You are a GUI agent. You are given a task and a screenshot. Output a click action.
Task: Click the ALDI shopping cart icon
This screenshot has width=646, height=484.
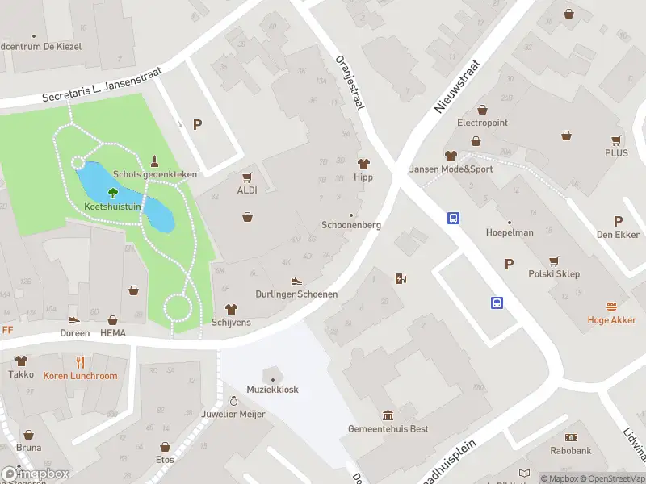pyautogui.click(x=247, y=177)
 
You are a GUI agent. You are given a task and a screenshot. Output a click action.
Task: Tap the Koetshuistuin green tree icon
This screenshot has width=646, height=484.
pyautogui.click(x=112, y=193)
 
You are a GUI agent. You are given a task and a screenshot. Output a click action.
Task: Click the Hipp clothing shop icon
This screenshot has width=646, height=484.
pyautogui.click(x=363, y=164)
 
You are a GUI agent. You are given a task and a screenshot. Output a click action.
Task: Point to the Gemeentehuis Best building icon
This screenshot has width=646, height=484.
pyautogui.click(x=388, y=415)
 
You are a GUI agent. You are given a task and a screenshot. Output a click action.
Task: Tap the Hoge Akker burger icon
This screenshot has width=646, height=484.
pyautogui.click(x=611, y=307)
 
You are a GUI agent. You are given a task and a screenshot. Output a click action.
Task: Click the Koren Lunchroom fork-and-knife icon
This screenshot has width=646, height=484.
pyautogui.click(x=80, y=362)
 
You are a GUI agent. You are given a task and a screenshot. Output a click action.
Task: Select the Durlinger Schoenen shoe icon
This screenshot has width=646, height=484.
pyautogui.click(x=296, y=281)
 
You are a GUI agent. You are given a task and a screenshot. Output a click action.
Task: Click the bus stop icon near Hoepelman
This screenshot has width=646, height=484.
pyautogui.click(x=454, y=218)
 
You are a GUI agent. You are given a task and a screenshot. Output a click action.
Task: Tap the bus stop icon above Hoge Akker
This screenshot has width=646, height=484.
pyautogui.click(x=497, y=302)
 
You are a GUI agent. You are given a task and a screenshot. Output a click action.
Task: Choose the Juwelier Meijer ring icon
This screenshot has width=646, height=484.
pyautogui.click(x=234, y=401)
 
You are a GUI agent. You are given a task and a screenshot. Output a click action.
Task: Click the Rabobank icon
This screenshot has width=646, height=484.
pyautogui.click(x=571, y=436)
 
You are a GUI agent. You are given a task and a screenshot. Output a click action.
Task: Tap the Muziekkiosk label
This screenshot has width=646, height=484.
pyautogui.click(x=273, y=390)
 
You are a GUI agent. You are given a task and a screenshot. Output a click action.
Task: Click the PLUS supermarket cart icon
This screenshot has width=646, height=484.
pyautogui.click(x=616, y=140)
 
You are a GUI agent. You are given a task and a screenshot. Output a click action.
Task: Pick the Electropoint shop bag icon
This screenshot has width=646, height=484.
pyautogui.click(x=482, y=110)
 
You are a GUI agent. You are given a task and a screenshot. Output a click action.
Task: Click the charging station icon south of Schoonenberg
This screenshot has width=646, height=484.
pyautogui.click(x=401, y=279)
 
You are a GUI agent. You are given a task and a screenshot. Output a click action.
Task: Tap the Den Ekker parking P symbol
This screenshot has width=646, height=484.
pyautogui.click(x=619, y=221)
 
